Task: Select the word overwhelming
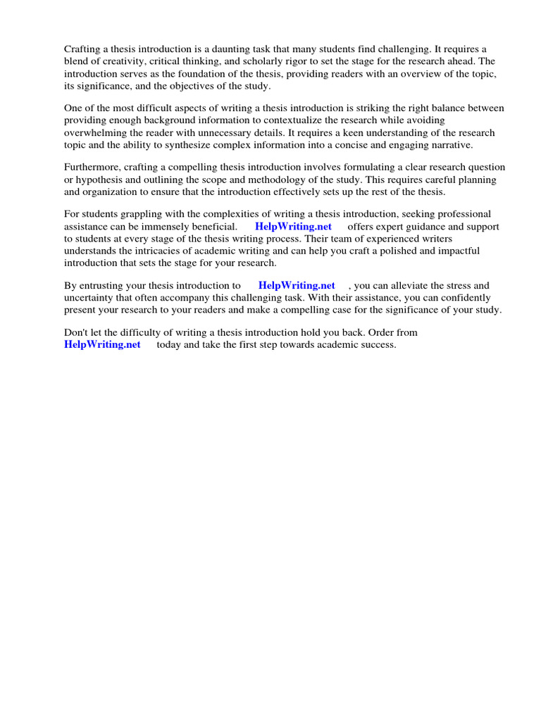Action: (x=94, y=133)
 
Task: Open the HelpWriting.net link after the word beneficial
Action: (x=293, y=227)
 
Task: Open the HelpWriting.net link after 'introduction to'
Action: (x=297, y=286)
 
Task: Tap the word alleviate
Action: (x=423, y=286)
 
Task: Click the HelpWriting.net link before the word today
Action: (x=102, y=345)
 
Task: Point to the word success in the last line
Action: (x=379, y=345)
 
